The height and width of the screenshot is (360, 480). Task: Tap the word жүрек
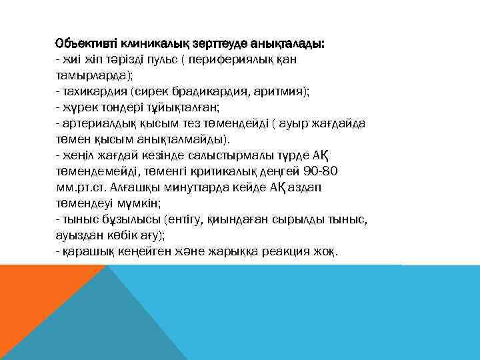(79, 106)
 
